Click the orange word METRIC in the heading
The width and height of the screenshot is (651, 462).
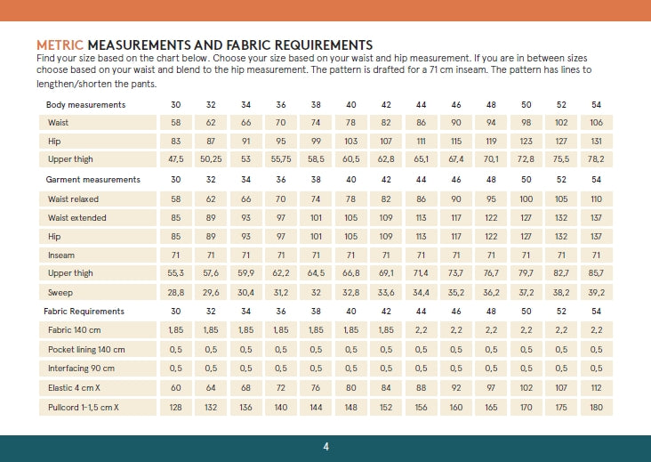(x=60, y=45)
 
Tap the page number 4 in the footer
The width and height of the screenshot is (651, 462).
(x=325, y=446)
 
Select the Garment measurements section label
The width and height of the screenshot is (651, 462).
(x=93, y=180)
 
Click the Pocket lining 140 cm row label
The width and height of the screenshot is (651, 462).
(x=86, y=350)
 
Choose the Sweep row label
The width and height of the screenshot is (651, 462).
(x=60, y=292)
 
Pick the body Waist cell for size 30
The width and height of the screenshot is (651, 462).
(x=175, y=123)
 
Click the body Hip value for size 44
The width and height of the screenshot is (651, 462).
(x=421, y=142)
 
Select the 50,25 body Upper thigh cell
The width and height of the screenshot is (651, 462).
(x=211, y=160)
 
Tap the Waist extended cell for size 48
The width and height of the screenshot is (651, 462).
(x=491, y=217)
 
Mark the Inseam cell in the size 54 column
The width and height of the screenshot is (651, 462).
(x=596, y=255)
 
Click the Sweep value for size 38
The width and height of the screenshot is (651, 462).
(x=316, y=292)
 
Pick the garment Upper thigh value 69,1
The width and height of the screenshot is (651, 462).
(x=386, y=273)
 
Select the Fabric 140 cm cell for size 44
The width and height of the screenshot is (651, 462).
(x=421, y=330)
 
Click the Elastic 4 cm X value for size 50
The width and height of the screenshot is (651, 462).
(x=526, y=388)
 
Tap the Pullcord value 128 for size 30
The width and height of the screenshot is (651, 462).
(x=175, y=407)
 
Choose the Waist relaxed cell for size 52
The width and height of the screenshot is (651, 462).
(x=561, y=199)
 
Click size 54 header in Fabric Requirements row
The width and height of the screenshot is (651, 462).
(x=596, y=312)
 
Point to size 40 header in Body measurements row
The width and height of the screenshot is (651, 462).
(x=350, y=105)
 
